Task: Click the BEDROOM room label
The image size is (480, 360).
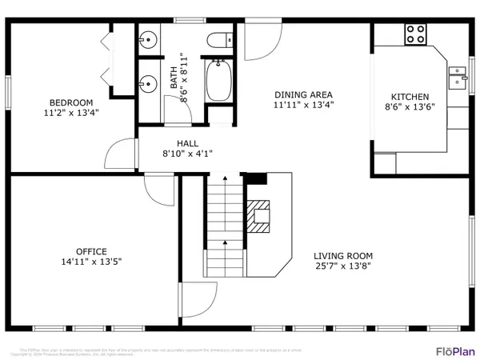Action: [x=71, y=102]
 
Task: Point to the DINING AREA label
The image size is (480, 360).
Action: [x=303, y=94]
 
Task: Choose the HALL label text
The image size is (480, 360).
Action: [x=177, y=143]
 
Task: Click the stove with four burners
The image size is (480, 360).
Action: [x=415, y=34]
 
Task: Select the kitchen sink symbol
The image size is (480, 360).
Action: [x=458, y=77]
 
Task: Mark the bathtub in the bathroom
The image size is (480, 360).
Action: [x=218, y=82]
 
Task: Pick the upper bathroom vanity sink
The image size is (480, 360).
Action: [x=148, y=38]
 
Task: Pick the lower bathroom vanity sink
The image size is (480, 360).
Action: [x=148, y=81]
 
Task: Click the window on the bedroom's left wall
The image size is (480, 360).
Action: [x=8, y=91]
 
